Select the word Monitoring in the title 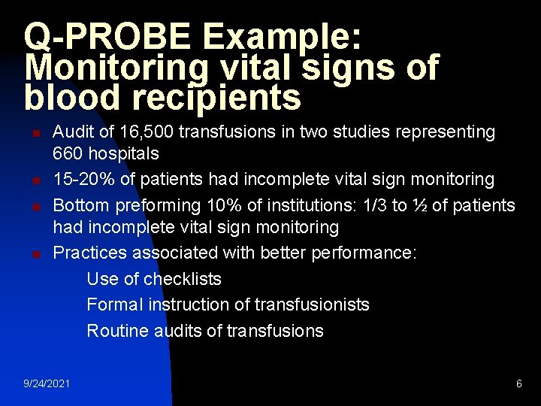(x=116, y=68)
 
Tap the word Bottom (x=81, y=205)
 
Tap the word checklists (x=183, y=279)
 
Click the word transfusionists (x=312, y=304)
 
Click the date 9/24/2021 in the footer (x=47, y=383)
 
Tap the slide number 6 (x=518, y=383)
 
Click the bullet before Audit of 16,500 (x=35, y=135)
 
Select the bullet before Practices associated (x=35, y=255)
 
